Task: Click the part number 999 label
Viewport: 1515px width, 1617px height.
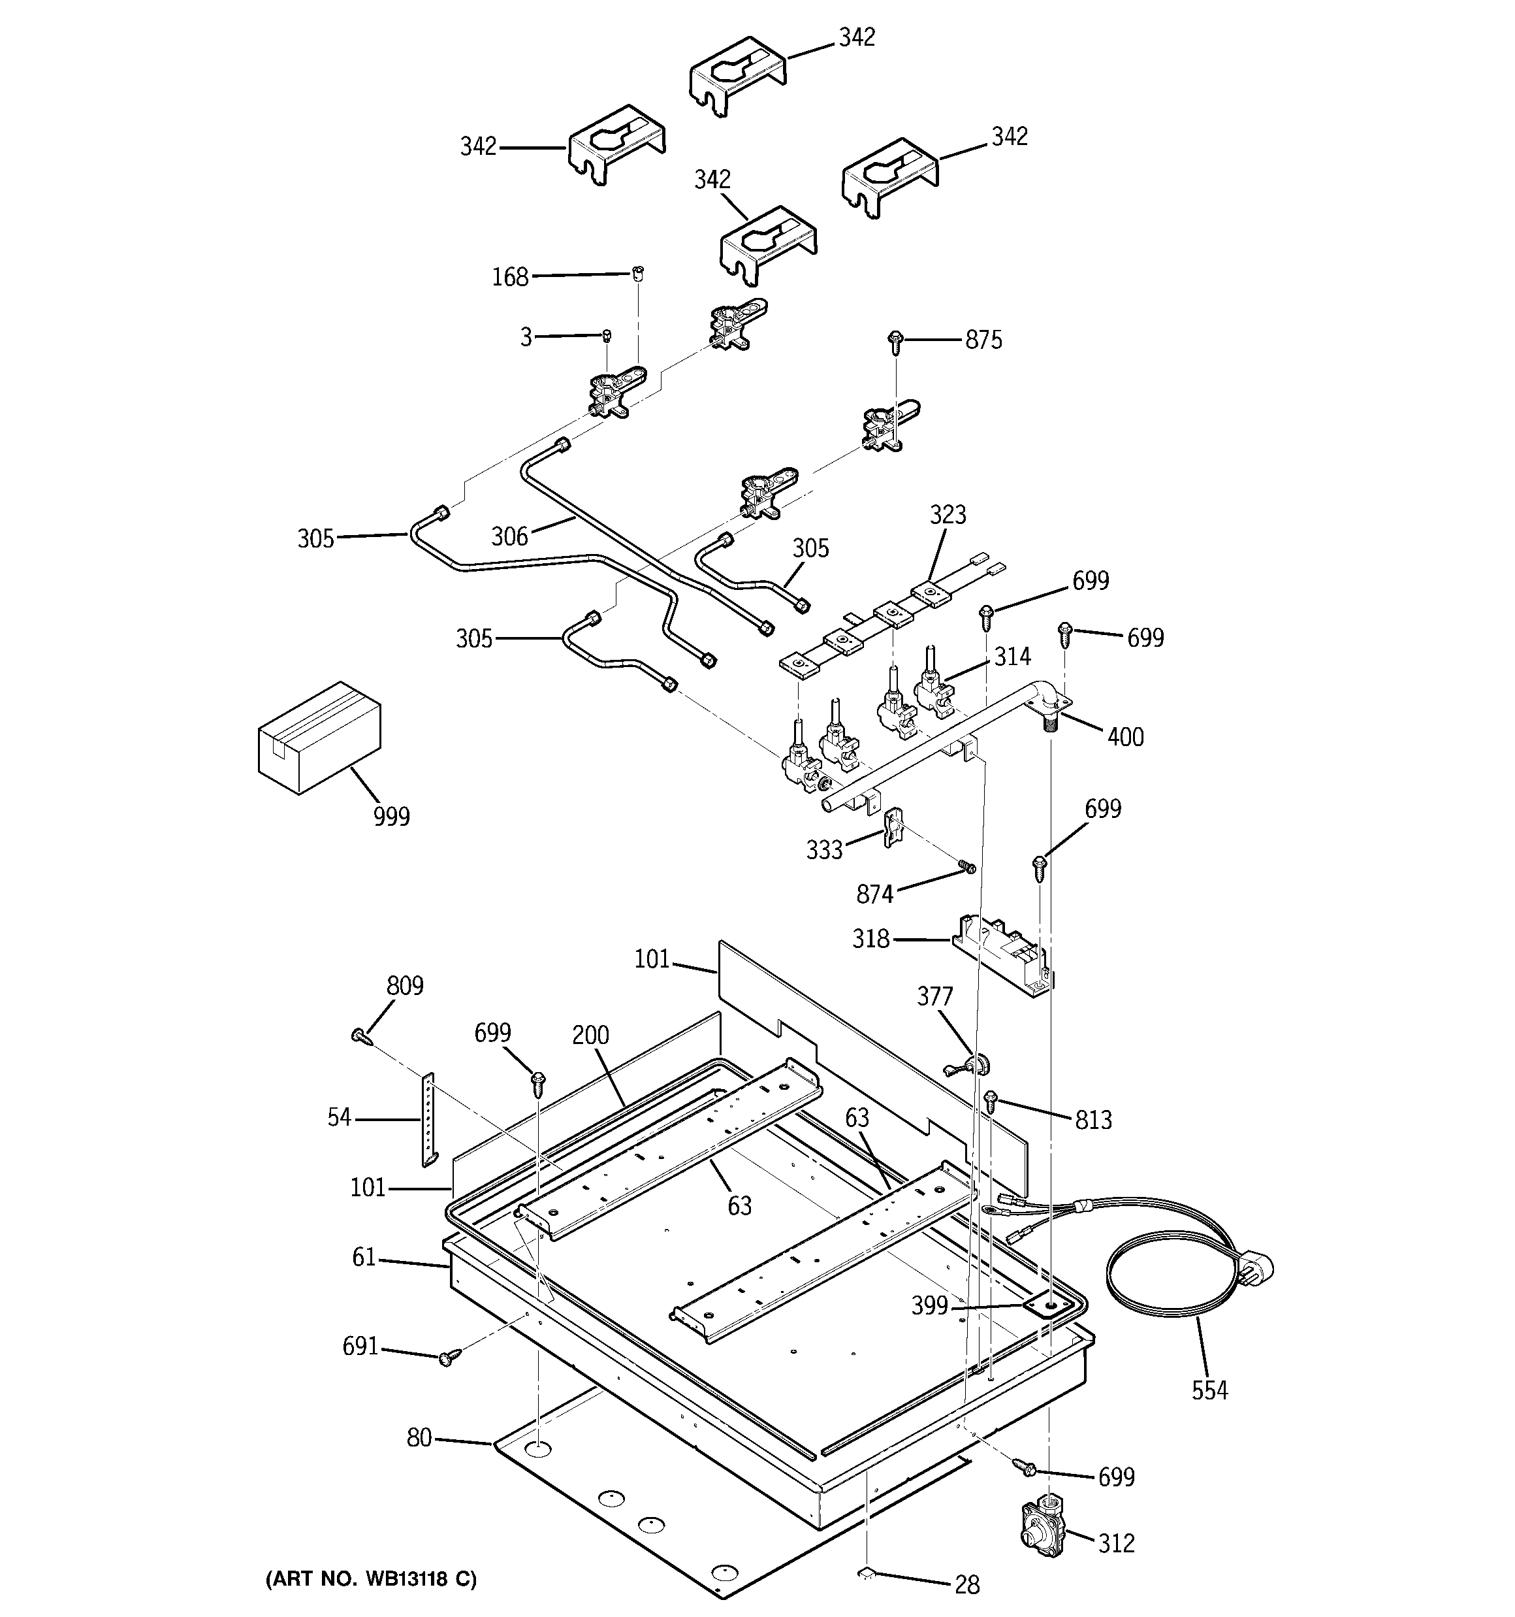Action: tap(391, 816)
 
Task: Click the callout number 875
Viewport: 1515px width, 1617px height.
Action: tap(983, 340)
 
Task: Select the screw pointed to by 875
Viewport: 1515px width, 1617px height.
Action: tap(896, 342)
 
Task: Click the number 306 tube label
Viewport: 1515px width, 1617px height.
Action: tap(509, 536)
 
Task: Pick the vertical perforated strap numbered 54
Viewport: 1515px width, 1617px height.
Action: tap(428, 1119)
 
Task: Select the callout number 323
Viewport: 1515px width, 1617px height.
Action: tap(948, 515)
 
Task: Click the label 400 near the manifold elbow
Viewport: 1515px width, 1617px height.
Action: tap(1124, 737)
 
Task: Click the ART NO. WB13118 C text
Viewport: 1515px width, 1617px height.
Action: tap(371, 1578)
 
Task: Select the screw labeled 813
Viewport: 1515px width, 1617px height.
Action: tap(991, 1102)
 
